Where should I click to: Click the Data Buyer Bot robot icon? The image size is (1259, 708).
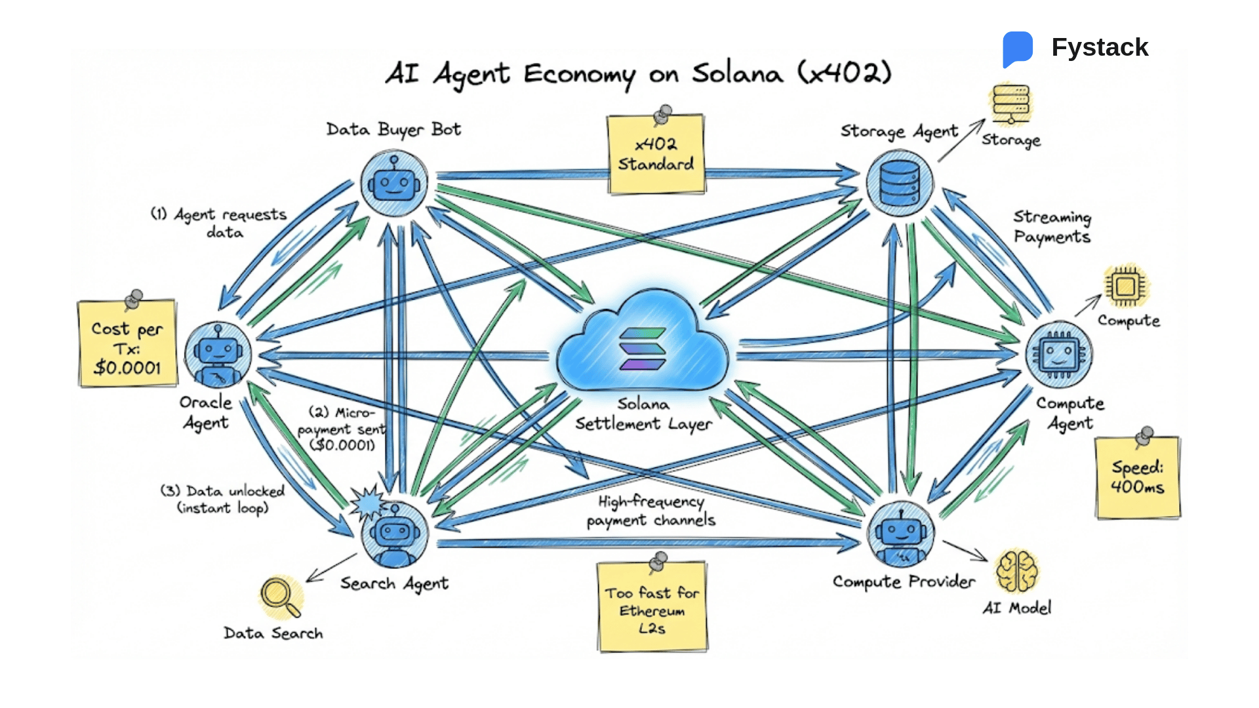point(393,182)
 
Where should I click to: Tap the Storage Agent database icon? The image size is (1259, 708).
point(900,183)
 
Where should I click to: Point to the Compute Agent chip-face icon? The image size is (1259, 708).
point(1058,355)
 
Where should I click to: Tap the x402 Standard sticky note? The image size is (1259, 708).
point(656,155)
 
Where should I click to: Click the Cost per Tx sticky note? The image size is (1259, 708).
point(127,344)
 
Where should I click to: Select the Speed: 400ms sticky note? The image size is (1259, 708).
point(1137,477)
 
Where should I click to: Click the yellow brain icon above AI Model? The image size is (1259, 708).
point(1016,570)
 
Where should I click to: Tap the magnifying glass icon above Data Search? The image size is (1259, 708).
point(280,597)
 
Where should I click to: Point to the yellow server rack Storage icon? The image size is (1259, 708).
point(1010,104)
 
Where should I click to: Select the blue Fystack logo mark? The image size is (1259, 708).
point(1017,48)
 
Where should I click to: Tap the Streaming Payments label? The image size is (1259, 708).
point(1052,227)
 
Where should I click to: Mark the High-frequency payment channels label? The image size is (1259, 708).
point(650,511)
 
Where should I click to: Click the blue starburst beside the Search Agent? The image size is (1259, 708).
point(368,503)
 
